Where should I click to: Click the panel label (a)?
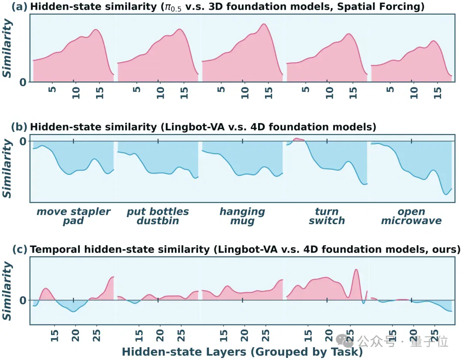[19, 6]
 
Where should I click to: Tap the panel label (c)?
[20, 249]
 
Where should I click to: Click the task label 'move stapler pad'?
[73, 216]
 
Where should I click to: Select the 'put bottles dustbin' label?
[158, 216]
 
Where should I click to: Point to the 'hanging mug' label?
[242, 216]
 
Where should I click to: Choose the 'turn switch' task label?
[327, 216]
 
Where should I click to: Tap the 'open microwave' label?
[411, 216]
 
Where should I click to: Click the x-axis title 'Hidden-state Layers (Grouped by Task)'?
[242, 352]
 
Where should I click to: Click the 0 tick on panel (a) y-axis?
[23, 82]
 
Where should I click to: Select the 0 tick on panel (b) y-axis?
[23, 141]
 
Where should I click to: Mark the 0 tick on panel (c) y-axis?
[23, 300]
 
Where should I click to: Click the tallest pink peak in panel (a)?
[264, 24]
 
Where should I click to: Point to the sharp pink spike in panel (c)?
[356, 270]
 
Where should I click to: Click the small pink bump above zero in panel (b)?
[298, 139]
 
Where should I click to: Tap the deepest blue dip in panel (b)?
[446, 194]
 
